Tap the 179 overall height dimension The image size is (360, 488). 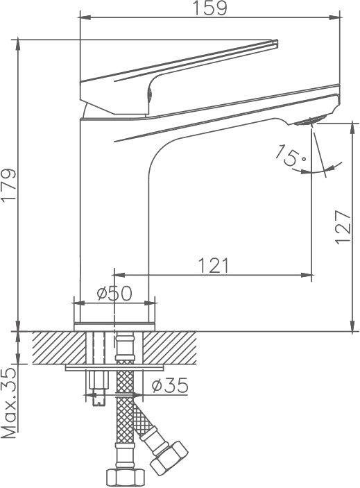coord(8,186)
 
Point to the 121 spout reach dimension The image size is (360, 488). coord(213,265)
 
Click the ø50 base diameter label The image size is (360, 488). coord(114,293)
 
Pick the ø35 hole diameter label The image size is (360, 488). coord(170,385)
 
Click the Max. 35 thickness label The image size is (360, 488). coord(8,403)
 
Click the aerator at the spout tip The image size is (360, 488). coord(310,120)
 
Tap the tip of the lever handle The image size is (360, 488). coord(276,42)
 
